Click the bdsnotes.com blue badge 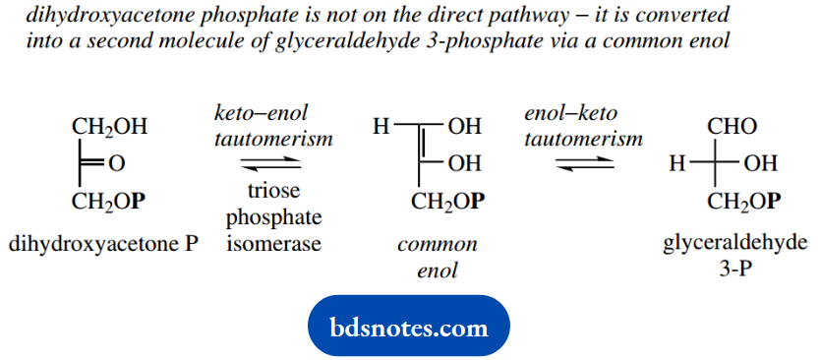[x=409, y=327]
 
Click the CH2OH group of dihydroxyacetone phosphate [x=110, y=128]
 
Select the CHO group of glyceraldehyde [x=732, y=128]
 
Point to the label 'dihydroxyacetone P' [x=103, y=243]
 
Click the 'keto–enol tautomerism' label [x=272, y=126]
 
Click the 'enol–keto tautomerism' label [x=584, y=126]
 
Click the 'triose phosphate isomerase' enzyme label [x=273, y=216]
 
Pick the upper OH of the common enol [x=464, y=128]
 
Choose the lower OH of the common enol [x=464, y=163]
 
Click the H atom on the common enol [x=382, y=128]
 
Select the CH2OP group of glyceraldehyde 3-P [x=744, y=202]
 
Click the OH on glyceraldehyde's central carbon [x=760, y=164]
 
